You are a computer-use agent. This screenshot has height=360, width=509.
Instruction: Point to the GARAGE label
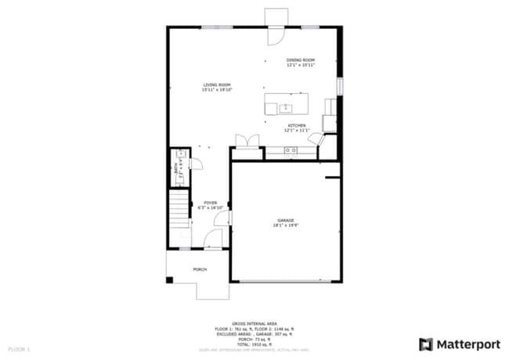pos(285,220)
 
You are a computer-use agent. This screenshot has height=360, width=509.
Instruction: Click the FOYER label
pos(211,202)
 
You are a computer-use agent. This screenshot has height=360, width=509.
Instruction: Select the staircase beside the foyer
pos(180,209)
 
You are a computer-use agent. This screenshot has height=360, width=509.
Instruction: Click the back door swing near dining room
pos(276,35)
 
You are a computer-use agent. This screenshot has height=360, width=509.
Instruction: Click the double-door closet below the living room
pos(247,140)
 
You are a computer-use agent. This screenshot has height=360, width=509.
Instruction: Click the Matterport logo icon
pos(427,344)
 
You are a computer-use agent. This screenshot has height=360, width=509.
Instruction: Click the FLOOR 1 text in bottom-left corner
pos(19,347)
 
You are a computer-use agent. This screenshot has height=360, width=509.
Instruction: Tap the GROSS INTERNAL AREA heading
pos(254,322)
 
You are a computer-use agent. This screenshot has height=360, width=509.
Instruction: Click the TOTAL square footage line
pos(254,343)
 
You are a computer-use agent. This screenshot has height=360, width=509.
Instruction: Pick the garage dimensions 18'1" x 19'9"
pos(285,225)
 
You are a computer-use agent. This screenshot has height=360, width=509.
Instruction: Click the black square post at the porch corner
pos(170,280)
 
